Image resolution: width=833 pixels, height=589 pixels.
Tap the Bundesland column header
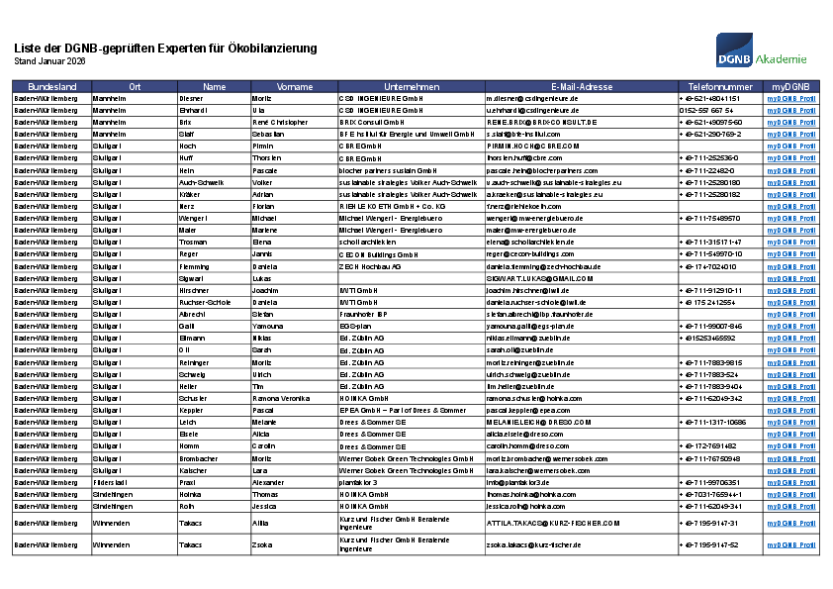pyautogui.click(x=52, y=87)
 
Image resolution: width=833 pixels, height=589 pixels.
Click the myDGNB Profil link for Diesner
pyautogui.click(x=790, y=99)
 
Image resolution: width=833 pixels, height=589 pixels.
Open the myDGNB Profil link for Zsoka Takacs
pyautogui.click(x=790, y=544)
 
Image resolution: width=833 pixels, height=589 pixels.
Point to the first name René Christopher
pyautogui.click(x=281, y=123)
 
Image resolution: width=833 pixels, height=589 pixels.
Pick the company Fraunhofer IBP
pyautogui.click(x=363, y=314)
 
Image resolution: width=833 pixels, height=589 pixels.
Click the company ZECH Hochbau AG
pyautogui.click(x=370, y=266)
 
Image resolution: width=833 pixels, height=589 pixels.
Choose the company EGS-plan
pyautogui.click(x=355, y=326)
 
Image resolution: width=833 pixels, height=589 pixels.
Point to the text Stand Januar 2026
pyautogui.click(x=49, y=61)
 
